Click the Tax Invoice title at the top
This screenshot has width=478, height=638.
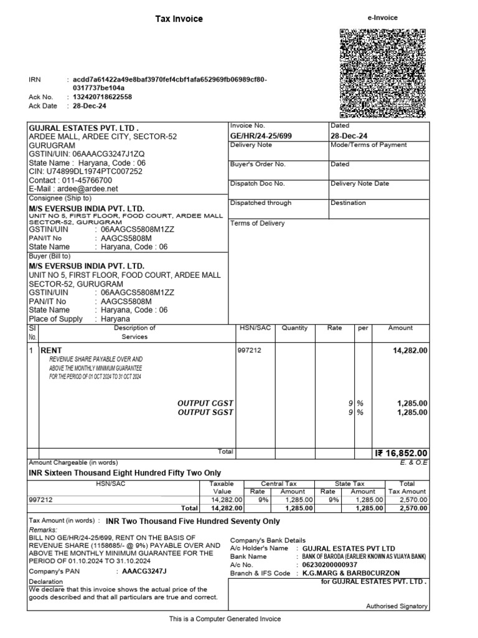pyautogui.click(x=179, y=19)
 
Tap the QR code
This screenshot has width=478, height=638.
pyautogui.click(x=383, y=73)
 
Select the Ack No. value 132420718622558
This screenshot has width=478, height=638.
pyautogui.click(x=102, y=97)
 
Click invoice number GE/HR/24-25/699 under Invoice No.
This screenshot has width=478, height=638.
pyautogui.click(x=261, y=135)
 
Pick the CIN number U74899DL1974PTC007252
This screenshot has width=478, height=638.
pyautogui.click(x=86, y=171)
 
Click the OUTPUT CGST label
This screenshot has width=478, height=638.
pyautogui.click(x=205, y=403)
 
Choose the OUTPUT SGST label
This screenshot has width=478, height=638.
pyautogui.click(x=205, y=412)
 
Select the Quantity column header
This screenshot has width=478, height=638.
pyautogui.click(x=294, y=328)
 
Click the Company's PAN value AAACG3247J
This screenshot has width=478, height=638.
pyautogui.click(x=144, y=571)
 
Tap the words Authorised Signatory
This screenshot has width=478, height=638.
pyautogui.click(x=396, y=606)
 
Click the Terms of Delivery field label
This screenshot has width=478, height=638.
pyautogui.click(x=257, y=223)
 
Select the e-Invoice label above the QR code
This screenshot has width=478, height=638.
pyautogui.click(x=383, y=18)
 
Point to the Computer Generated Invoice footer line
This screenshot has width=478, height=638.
pyautogui.click(x=225, y=619)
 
